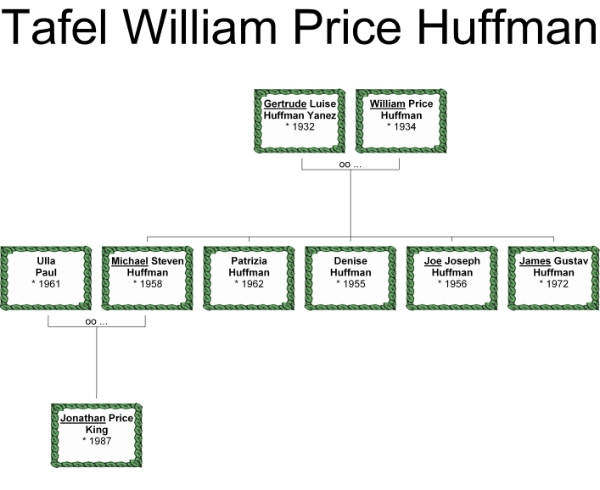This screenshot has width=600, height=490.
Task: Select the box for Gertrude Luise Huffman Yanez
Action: pyautogui.click(x=300, y=120)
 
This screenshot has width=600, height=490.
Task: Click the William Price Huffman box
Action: pyautogui.click(x=401, y=120)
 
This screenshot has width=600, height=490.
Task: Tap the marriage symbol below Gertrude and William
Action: pyautogui.click(x=350, y=164)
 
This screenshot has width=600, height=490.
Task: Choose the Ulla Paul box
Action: pyautogui.click(x=46, y=277)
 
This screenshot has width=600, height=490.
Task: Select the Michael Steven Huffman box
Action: pyautogui.click(x=148, y=277)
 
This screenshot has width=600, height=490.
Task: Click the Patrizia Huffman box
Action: pyautogui.click(x=250, y=277)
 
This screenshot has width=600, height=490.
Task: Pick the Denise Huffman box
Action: pyautogui.click(x=350, y=277)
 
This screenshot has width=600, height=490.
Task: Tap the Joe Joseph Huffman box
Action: pyautogui.click(x=452, y=277)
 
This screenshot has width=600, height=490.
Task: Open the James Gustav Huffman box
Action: pyautogui.click(x=553, y=277)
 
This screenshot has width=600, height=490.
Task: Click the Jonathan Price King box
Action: pyautogui.click(x=97, y=434)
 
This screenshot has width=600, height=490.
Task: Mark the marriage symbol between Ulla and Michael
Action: pyautogui.click(x=97, y=321)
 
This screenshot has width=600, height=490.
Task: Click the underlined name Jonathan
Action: pyautogui.click(x=82, y=418)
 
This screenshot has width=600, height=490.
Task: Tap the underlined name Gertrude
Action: pyautogui.click(x=284, y=104)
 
